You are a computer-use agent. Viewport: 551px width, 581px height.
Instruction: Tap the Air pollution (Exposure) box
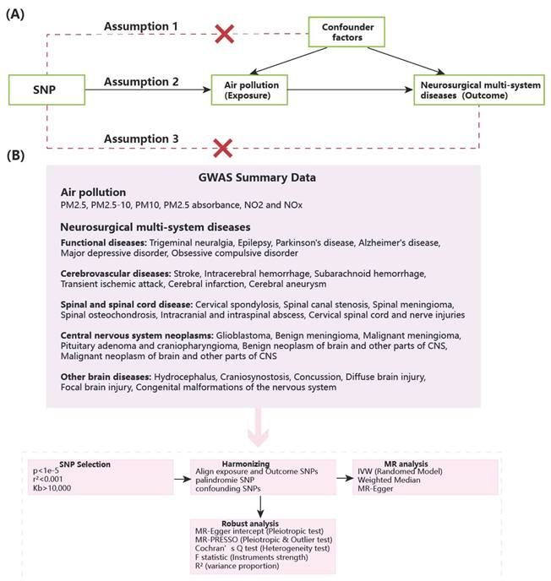coord(248,90)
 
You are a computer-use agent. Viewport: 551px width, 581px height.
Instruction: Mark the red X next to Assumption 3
coord(222,149)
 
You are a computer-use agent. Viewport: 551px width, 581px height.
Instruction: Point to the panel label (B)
coord(16,157)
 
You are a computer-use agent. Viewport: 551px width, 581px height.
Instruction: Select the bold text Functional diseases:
coord(98,242)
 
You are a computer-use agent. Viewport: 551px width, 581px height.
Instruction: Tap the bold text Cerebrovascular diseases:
coord(116,274)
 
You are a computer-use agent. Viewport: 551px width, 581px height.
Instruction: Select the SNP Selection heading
coord(85,464)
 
